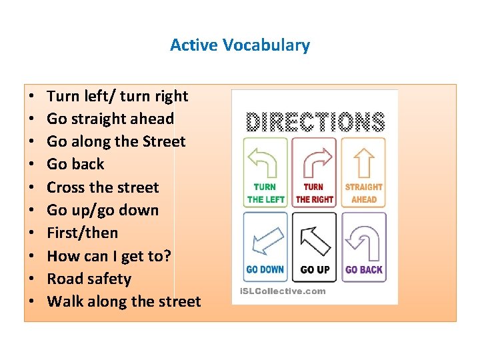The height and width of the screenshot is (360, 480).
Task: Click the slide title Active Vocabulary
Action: point(240,45)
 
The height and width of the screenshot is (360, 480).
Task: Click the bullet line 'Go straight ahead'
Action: point(110,119)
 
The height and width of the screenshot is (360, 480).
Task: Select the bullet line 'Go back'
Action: point(75,164)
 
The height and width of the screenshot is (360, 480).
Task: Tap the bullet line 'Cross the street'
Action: point(103,187)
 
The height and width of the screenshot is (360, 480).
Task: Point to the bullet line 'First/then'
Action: point(82,233)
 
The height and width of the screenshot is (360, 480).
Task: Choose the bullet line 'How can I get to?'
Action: point(109,256)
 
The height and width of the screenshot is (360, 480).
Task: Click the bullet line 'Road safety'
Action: point(89,279)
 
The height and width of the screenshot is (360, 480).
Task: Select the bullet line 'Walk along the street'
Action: point(123,301)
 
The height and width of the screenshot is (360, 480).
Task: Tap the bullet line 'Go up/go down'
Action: point(103,210)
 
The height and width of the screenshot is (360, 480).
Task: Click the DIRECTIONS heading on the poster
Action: point(315,122)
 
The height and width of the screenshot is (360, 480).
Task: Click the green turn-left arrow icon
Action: point(265,161)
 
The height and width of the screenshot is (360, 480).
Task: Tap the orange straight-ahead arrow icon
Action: point(363,161)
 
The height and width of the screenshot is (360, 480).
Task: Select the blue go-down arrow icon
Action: point(265,238)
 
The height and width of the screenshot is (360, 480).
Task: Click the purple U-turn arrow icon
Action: point(363,238)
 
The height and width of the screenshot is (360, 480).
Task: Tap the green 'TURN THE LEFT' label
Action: point(265,193)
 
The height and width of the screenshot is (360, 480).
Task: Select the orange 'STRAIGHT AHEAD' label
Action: point(363,193)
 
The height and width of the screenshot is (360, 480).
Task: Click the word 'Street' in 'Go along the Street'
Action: point(164,141)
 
